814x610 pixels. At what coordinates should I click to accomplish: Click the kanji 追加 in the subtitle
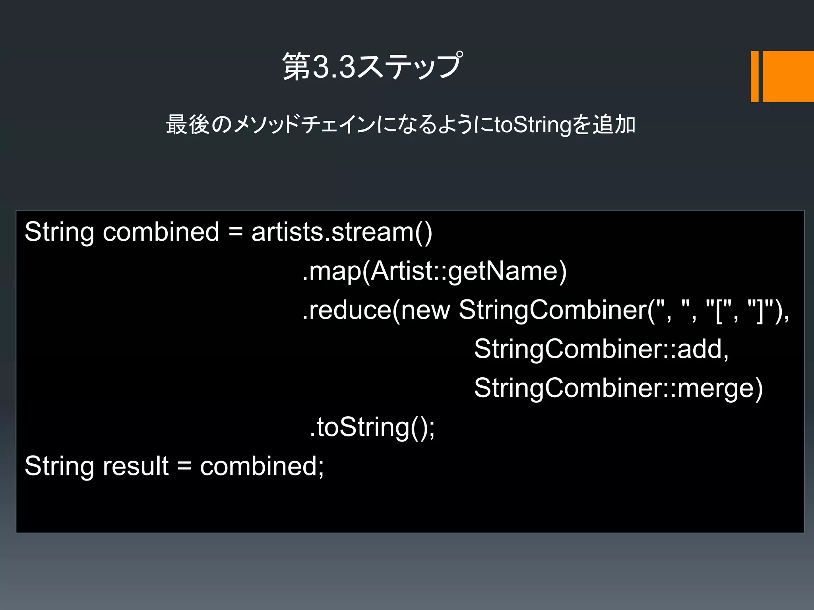point(614,125)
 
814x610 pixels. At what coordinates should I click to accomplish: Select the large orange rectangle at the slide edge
point(788,76)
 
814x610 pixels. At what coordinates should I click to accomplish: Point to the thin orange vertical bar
point(754,76)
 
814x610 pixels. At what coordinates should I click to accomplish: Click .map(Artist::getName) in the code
point(434,271)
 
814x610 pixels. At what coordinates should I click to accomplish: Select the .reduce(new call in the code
point(376,310)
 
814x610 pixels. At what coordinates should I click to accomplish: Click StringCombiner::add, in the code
point(601,349)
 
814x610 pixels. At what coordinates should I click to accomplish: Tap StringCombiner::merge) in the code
point(618,388)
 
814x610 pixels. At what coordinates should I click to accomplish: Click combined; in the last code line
point(262,466)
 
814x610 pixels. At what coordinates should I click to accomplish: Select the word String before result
point(59,466)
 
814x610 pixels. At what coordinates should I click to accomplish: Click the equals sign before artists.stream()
point(236,232)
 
